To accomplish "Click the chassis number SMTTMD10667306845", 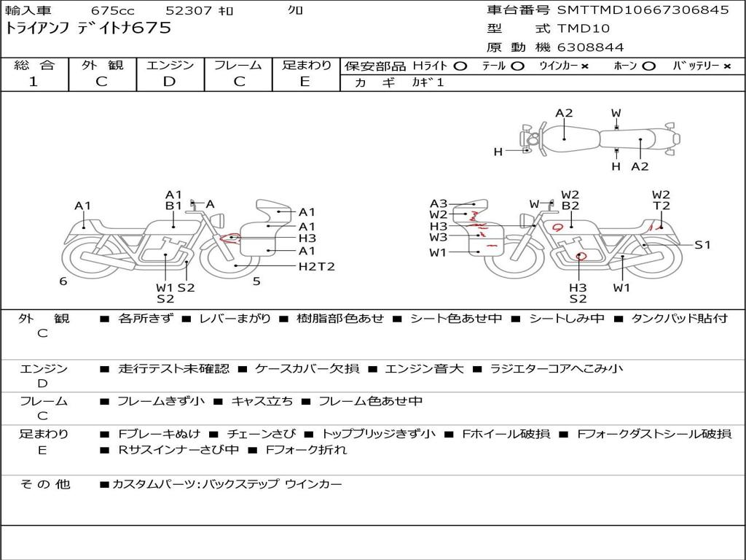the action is click(x=643, y=10).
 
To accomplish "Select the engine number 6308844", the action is click(x=590, y=47).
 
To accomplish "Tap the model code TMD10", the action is click(x=583, y=28).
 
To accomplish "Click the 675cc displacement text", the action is click(x=112, y=10).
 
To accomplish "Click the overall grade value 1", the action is click(x=33, y=82).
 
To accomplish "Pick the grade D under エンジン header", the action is click(x=169, y=82).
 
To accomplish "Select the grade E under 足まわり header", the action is click(x=305, y=82).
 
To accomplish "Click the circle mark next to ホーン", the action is click(x=648, y=66).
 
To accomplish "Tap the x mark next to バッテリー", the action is click(x=726, y=66).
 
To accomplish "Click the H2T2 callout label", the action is click(x=316, y=267).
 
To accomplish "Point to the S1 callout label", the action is click(x=702, y=245).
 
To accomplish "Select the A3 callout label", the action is click(x=438, y=204).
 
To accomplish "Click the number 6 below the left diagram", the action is click(x=63, y=281).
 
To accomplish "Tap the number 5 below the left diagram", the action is click(x=256, y=281).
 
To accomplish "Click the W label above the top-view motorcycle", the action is click(x=616, y=113).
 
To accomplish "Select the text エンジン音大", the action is click(x=424, y=368).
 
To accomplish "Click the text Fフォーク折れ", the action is click(x=307, y=450).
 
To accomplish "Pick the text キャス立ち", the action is click(x=262, y=402).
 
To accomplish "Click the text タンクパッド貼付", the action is click(x=680, y=319).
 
